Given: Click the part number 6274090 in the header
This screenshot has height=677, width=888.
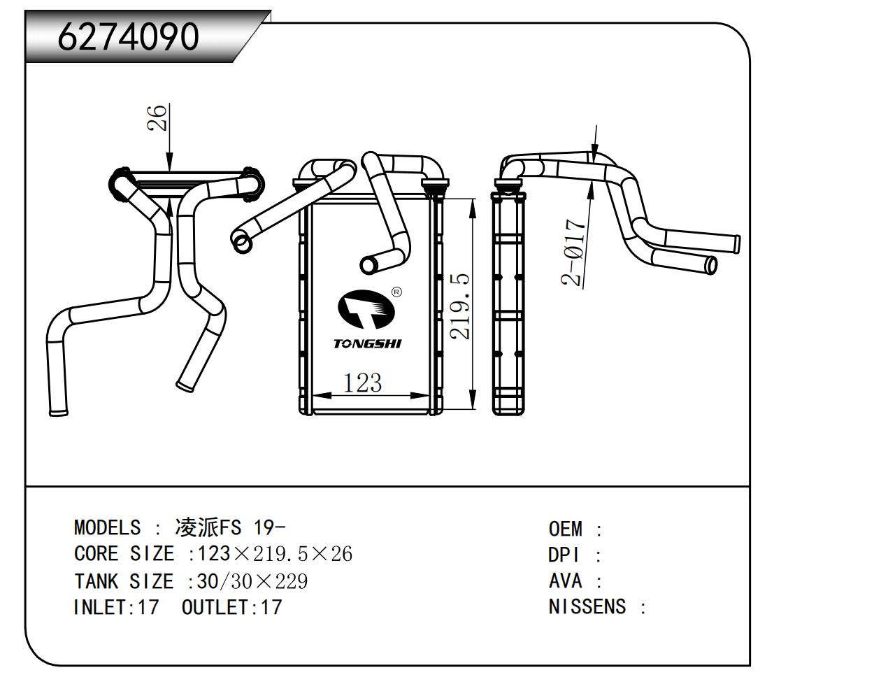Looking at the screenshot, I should (128, 36).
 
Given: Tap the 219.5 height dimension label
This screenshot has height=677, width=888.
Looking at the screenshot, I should (460, 306).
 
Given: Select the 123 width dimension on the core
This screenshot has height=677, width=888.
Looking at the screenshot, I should (362, 383).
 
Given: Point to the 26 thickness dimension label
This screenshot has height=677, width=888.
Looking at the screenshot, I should (159, 117).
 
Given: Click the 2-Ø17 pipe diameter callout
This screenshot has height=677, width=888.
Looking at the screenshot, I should (573, 253).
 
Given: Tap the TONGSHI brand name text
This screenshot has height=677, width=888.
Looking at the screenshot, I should (367, 343).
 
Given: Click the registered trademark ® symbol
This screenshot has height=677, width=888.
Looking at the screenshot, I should (396, 292).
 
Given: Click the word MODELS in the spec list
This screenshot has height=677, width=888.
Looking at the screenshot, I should (107, 527).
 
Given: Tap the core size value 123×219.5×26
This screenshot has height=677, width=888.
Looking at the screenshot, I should (275, 554).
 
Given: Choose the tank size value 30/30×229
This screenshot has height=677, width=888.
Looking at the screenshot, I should (252, 581).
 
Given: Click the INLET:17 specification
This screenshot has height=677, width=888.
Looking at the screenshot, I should (116, 607).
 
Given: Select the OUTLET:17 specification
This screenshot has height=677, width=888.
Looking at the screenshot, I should (231, 607).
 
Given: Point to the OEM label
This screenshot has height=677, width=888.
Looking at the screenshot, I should (565, 529).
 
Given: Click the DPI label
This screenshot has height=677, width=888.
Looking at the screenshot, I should (564, 555).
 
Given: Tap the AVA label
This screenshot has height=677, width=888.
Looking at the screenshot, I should (564, 581).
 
